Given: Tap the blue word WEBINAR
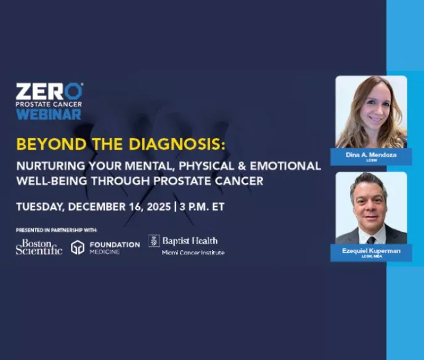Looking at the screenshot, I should coord(49,114).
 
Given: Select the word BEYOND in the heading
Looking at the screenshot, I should coord(45,144).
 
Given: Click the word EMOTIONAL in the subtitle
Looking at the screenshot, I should coord(289,166).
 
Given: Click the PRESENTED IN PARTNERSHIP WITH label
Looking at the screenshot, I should coord(56,230).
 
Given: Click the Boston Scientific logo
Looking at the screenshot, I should coord(39,247).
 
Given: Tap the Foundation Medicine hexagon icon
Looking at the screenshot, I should coord(78,248).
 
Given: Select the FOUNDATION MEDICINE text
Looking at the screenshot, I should coord(113,247).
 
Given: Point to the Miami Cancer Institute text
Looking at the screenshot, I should coord(193,253).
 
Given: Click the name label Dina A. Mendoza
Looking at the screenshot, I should coord(371,155).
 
